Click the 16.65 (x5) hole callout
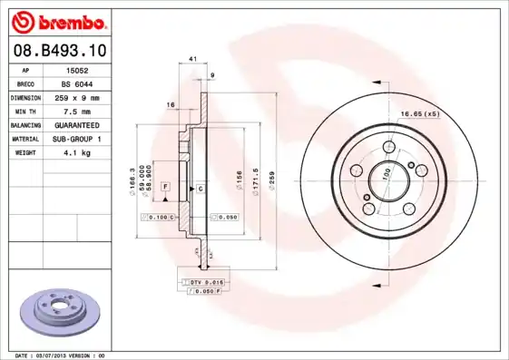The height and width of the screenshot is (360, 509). pyautogui.click(x=420, y=115)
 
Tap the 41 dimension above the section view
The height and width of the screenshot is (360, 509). pyautogui.click(x=192, y=59)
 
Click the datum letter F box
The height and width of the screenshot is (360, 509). pyautogui.click(x=166, y=186)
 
